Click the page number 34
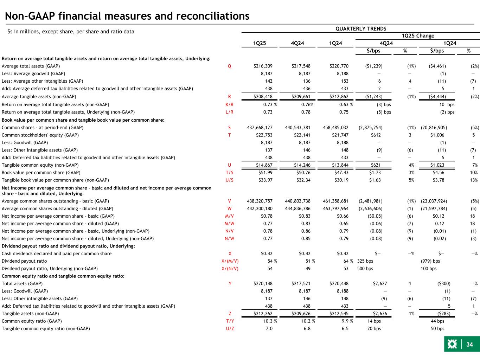pos(469,345)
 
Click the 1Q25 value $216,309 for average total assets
pos(263,66)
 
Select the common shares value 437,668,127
pos(258,127)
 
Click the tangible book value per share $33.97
pos(265,180)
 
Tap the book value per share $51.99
pos(265,172)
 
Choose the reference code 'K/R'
pos(229,104)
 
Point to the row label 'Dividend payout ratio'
pos(24,261)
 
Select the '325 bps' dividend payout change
pos(365,261)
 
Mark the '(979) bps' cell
pos(430,261)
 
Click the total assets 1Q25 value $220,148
pos(263,283)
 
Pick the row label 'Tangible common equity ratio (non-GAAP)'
pos(46,329)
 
